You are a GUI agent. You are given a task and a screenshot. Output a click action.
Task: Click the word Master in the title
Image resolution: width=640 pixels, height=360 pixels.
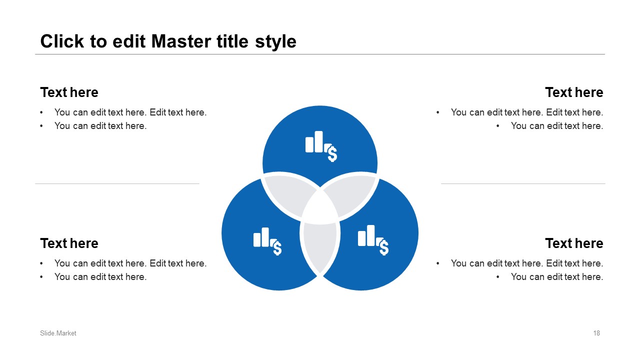pos(181,41)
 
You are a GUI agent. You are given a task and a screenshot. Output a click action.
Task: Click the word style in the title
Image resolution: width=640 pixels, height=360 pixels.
pos(275,42)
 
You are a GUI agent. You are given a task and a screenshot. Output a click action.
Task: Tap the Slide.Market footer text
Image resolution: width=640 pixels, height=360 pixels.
pos(58,333)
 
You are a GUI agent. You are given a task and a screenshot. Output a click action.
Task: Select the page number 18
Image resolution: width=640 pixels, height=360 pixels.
pos(596,333)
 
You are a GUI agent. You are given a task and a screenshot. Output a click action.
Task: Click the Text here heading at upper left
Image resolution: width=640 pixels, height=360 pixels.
pos(69,92)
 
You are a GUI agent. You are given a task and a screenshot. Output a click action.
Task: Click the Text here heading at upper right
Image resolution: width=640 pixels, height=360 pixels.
pos(574,92)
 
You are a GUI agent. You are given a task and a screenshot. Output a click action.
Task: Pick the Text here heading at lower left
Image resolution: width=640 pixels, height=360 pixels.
pos(69,243)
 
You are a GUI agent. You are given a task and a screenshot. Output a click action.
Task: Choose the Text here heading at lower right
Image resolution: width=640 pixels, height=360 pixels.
pos(574,243)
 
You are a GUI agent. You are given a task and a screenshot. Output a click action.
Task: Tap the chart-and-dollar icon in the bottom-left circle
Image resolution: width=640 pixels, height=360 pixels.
pos(267,241)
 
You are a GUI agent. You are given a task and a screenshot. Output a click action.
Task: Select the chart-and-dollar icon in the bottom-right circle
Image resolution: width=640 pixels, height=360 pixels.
pos(373,240)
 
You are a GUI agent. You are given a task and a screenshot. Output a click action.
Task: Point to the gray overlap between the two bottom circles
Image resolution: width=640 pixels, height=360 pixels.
pos(320,247)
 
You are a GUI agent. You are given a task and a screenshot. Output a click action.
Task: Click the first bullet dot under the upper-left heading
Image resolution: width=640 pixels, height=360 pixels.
pos(41,112)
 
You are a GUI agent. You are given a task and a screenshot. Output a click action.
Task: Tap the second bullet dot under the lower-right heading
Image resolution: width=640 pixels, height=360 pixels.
pos(498,277)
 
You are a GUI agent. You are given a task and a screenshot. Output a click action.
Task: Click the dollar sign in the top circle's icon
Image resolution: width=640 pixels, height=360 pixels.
pos(332,153)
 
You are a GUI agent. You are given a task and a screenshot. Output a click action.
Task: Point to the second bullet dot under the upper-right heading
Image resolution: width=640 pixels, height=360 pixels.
pos(498,126)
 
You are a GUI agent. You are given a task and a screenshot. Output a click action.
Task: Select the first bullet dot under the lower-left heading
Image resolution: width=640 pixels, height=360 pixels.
pos(41,263)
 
